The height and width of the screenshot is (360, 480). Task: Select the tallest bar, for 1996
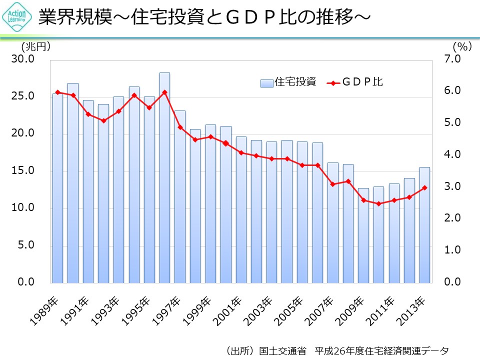tap(164, 177)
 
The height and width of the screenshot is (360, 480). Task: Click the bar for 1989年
tap(57, 187)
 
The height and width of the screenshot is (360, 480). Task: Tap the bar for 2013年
tap(424, 224)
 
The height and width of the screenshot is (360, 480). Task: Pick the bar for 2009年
tap(363, 235)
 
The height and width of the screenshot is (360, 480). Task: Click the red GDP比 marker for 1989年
tap(57, 92)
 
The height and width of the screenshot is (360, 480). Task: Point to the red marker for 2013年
tap(424, 187)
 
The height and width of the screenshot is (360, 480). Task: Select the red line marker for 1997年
tap(180, 127)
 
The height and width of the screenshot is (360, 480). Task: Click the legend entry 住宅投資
tap(288, 82)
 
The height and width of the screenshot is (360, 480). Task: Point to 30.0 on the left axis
tap(23, 59)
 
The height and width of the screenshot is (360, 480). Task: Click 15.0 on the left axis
tap(23, 171)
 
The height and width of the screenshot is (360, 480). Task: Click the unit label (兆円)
tap(36, 46)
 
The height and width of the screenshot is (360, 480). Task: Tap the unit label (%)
tap(462, 46)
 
